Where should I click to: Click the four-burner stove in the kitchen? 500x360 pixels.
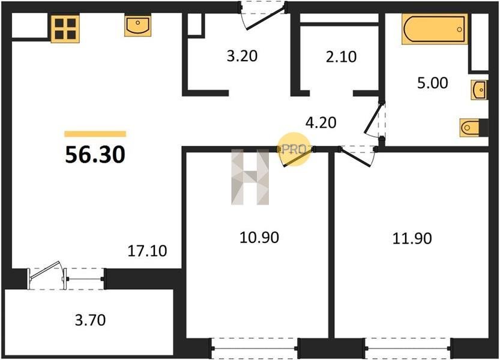click(65, 29)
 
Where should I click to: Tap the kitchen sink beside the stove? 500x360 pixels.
click(138, 26)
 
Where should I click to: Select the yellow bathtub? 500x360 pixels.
click(435, 29)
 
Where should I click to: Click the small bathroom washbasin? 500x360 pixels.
click(479, 90)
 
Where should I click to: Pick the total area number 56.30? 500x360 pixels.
click(95, 155)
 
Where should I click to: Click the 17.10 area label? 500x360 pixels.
click(147, 251)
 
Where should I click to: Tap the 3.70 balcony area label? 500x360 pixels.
click(90, 320)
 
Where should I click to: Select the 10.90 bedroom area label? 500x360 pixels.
click(259, 238)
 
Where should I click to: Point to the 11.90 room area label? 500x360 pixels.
click(412, 238)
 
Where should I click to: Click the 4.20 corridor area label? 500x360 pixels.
click(321, 123)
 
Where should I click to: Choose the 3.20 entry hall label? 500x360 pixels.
click(242, 56)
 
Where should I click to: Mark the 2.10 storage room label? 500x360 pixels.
click(341, 57)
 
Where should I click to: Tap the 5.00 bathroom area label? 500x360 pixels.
click(433, 83)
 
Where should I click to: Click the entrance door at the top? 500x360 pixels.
click(264, 16)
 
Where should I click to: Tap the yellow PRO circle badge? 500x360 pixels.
click(294, 149)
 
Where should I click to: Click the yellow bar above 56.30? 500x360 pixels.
click(95, 134)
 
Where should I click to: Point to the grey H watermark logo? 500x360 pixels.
click(250, 177)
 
